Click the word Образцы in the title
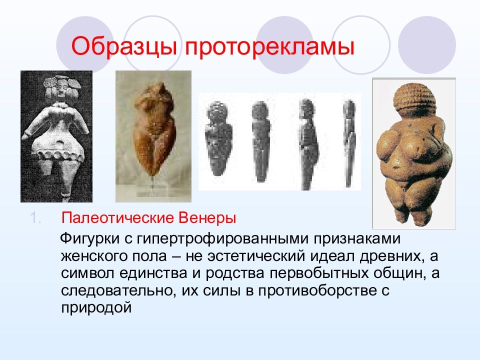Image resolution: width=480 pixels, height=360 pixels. (x=124, y=46)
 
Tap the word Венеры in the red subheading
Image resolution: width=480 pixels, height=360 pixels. (x=207, y=218)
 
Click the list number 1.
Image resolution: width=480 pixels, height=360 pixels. (x=35, y=218)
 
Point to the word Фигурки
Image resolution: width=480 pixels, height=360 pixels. (x=89, y=239)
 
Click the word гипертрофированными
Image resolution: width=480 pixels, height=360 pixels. (x=222, y=239)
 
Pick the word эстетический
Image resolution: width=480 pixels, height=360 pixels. (x=256, y=256)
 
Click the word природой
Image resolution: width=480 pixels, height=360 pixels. (x=96, y=307)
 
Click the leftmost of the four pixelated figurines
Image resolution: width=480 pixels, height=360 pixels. (x=218, y=138)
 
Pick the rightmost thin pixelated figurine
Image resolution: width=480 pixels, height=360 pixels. (x=349, y=142)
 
